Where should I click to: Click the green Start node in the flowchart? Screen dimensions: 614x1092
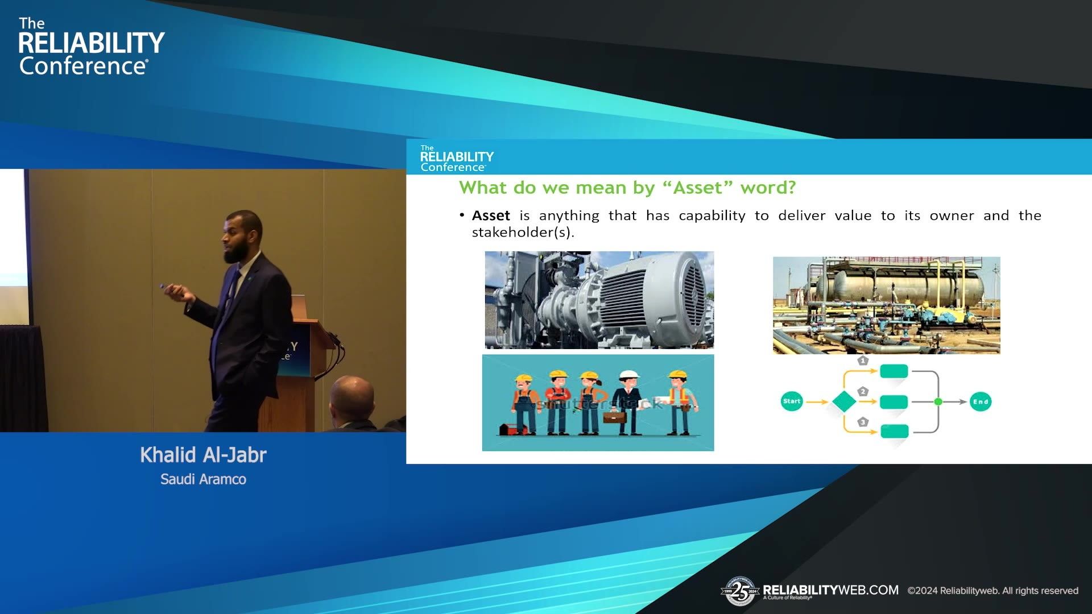coord(791,401)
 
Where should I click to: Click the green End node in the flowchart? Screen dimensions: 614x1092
coord(981,402)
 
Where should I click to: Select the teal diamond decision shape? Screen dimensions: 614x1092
coord(844,401)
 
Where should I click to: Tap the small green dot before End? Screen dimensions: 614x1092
coord(938,402)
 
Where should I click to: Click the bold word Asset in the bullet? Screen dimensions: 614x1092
coord(491,216)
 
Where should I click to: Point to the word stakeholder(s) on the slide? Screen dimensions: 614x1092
coord(523,233)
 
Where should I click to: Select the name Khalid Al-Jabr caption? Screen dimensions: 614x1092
coord(203,455)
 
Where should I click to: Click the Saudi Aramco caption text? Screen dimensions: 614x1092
coord(203,479)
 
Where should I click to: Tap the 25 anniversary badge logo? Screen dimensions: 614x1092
coord(739,591)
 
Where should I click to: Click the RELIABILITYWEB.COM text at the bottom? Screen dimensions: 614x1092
coord(830,590)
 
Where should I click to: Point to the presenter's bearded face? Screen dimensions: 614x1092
coord(239,239)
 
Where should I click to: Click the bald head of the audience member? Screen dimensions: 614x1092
coord(353,395)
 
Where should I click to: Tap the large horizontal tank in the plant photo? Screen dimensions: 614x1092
coord(904,287)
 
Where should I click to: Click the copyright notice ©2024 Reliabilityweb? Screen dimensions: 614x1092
coord(992,591)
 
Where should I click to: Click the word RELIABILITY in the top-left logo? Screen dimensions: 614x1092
coord(91,43)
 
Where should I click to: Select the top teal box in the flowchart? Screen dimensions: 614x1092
coord(894,372)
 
